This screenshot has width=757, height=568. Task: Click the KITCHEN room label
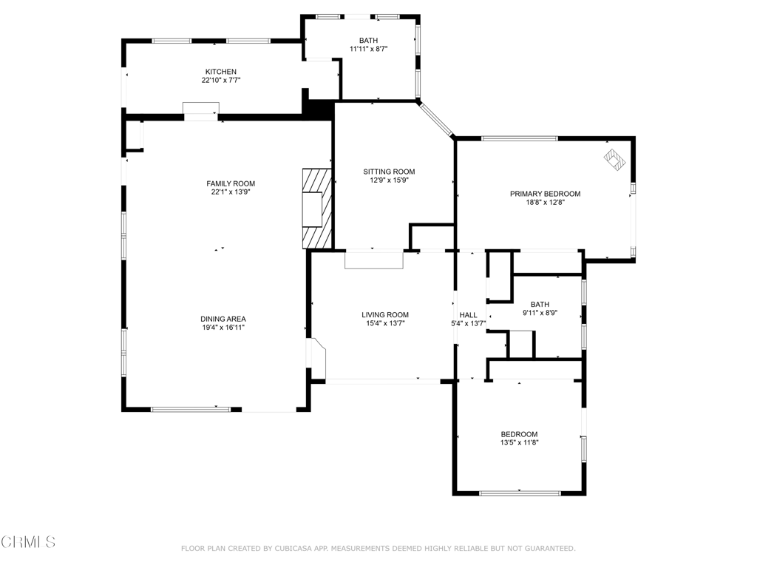[220, 72]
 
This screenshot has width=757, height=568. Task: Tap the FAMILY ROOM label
[231, 183]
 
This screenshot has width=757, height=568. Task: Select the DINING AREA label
[223, 319]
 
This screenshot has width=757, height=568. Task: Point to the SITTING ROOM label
[389, 172]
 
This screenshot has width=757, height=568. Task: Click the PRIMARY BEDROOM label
[545, 194]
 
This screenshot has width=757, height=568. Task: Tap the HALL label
[468, 315]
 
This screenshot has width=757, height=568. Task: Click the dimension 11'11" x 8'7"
[368, 49]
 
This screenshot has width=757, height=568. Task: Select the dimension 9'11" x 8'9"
[540, 313]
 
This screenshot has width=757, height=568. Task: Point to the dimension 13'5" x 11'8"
[519, 443]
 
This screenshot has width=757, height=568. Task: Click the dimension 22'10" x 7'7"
[220, 80]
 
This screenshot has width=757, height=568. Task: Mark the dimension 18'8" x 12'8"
[545, 202]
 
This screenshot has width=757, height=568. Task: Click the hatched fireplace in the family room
[316, 208]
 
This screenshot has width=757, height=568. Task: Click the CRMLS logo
[28, 542]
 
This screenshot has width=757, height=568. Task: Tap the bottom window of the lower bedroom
[519, 493]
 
